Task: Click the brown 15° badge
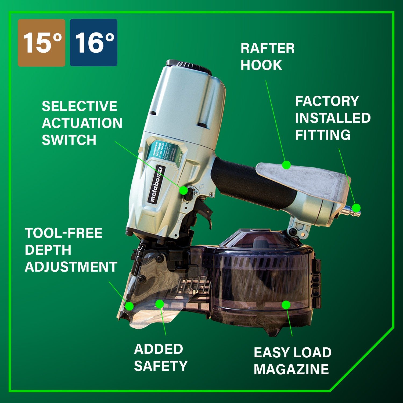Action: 41,43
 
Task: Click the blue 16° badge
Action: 93,43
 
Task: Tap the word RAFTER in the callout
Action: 267,49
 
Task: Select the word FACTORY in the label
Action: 327,101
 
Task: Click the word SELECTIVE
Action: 80,106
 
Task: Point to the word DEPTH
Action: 48,250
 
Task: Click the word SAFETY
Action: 161,366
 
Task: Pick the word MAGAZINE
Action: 291,369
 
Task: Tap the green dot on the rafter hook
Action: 286,165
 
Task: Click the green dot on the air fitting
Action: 356,208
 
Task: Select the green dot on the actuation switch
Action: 183,190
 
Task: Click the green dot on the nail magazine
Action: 286,305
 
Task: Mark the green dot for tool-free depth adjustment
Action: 129,306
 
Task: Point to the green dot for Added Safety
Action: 160,304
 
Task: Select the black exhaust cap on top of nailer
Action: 189,66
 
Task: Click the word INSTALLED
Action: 333,118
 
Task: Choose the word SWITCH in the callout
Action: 69,140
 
